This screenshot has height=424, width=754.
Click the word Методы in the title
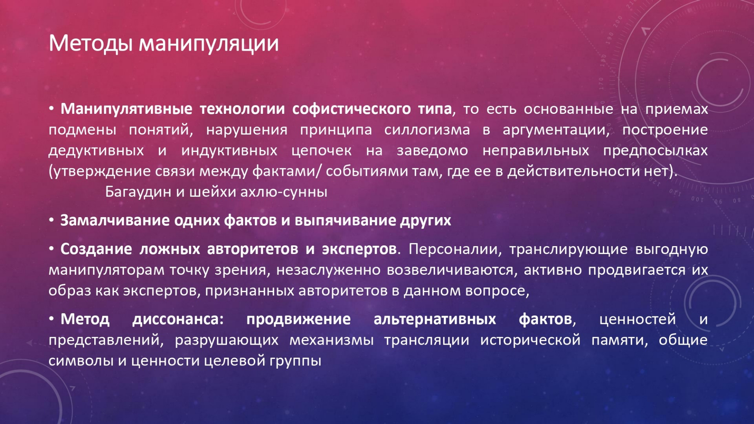(91, 43)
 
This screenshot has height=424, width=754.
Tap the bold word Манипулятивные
(126, 109)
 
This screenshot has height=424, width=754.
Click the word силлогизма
(427, 130)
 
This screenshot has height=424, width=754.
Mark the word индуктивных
(229, 151)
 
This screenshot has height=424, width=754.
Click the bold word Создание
(96, 249)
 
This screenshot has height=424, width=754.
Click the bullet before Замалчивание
(51, 220)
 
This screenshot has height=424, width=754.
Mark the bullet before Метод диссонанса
(51, 319)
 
